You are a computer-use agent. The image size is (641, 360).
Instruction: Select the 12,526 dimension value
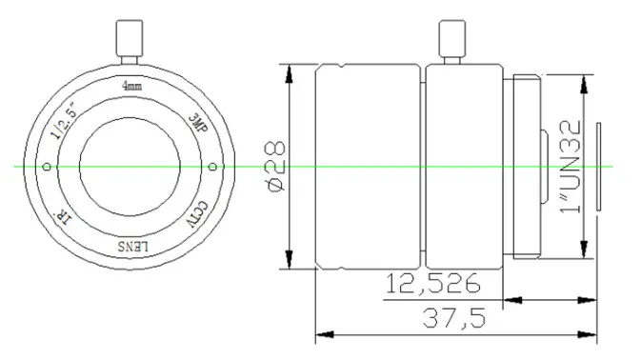[431, 284]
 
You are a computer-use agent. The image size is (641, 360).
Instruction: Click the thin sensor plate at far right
[599, 167]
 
